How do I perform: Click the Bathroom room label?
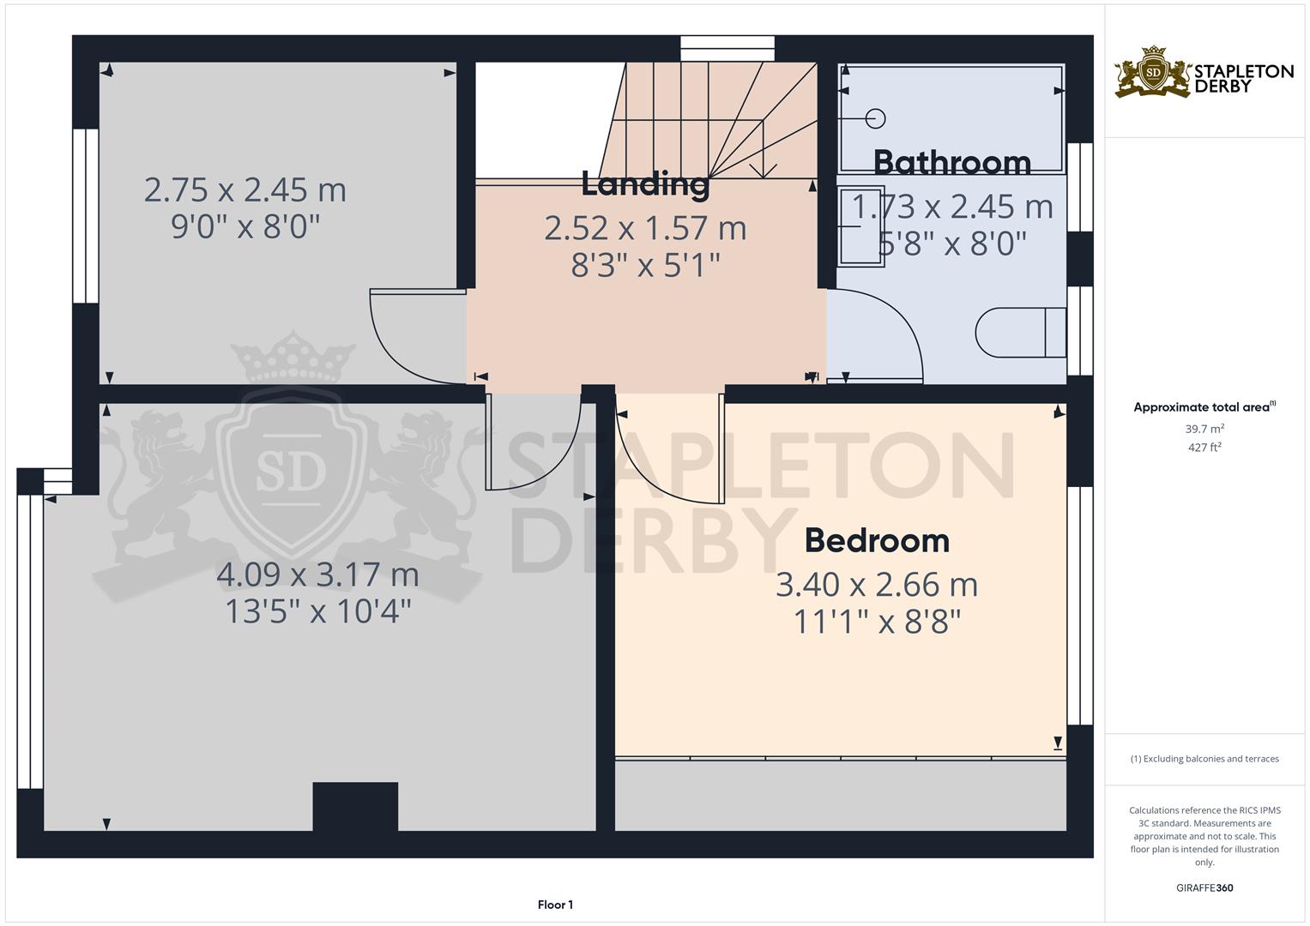click(x=952, y=163)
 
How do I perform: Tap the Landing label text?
click(x=645, y=184)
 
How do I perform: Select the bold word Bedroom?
click(x=877, y=541)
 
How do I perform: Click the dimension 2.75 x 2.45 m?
click(x=245, y=190)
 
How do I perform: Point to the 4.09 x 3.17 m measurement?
click(x=317, y=574)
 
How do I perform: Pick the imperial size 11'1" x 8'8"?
click(x=877, y=622)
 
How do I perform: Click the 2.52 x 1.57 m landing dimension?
click(x=645, y=229)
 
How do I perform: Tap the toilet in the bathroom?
click(x=1021, y=333)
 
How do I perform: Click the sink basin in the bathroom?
click(x=860, y=226)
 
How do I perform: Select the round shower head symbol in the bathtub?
click(x=875, y=118)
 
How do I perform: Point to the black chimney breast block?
click(x=355, y=806)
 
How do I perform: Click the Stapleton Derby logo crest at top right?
click(x=1153, y=73)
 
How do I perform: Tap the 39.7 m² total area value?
click(x=1204, y=429)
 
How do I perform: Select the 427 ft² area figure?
click(x=1204, y=448)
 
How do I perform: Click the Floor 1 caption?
click(x=555, y=905)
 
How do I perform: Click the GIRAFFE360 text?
click(x=1204, y=887)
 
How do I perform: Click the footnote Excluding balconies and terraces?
click(x=1204, y=759)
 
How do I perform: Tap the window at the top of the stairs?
click(x=727, y=49)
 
